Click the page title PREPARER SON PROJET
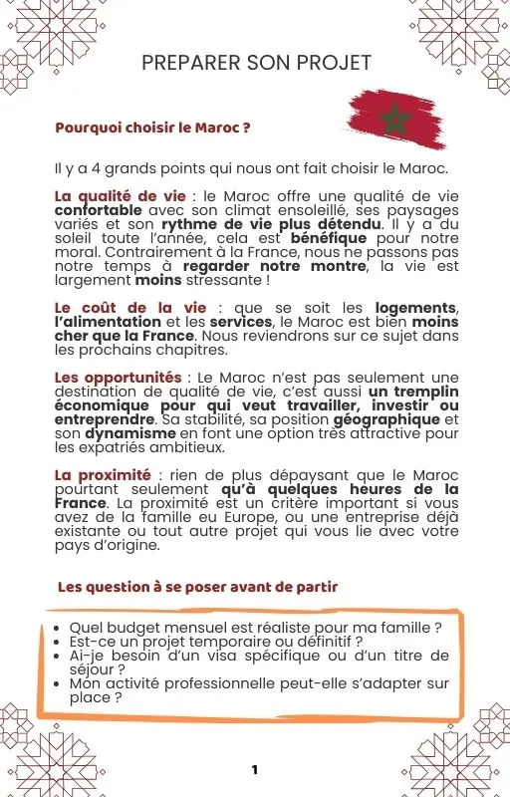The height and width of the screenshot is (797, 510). coord(257,63)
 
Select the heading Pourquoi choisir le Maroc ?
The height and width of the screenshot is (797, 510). coord(151,129)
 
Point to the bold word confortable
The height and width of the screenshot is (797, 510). coord(98,211)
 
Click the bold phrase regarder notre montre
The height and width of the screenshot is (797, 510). coord(276,267)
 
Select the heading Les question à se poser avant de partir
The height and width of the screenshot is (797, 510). coord(197,587)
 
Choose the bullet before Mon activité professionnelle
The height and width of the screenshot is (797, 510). coord(60,684)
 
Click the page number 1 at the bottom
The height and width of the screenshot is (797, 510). coord(255,770)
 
